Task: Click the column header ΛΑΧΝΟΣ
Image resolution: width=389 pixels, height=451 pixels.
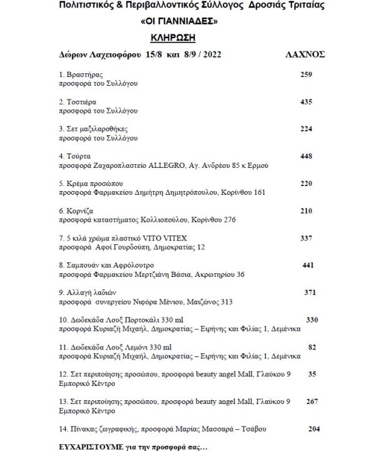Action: point(306,54)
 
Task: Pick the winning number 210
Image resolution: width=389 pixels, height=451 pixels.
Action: point(305,210)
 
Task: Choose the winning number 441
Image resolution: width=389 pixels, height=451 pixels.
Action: point(308,265)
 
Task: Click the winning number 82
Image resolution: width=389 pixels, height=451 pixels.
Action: point(313,346)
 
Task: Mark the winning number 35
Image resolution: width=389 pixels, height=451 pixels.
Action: point(313,374)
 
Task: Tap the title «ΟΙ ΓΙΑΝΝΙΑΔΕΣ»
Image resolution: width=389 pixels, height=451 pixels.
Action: point(174,21)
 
